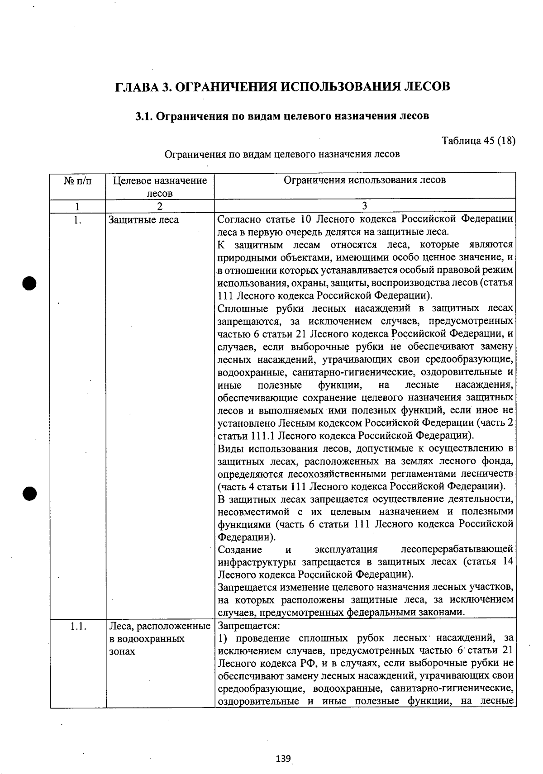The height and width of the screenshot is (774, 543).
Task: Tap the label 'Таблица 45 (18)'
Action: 478,140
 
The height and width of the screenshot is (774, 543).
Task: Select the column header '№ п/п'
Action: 77,181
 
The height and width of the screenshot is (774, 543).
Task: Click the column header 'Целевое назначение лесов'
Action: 160,187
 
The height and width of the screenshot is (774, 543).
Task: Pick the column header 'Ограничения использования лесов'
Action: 364,180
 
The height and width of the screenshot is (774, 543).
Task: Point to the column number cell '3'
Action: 364,206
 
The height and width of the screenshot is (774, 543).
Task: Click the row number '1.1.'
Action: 78,626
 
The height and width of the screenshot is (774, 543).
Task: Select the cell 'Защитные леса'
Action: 143,220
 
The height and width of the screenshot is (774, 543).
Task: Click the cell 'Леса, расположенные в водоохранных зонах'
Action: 160,638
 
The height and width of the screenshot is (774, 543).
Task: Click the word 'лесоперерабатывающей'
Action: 457,550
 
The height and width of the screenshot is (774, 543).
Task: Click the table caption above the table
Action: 282,154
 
